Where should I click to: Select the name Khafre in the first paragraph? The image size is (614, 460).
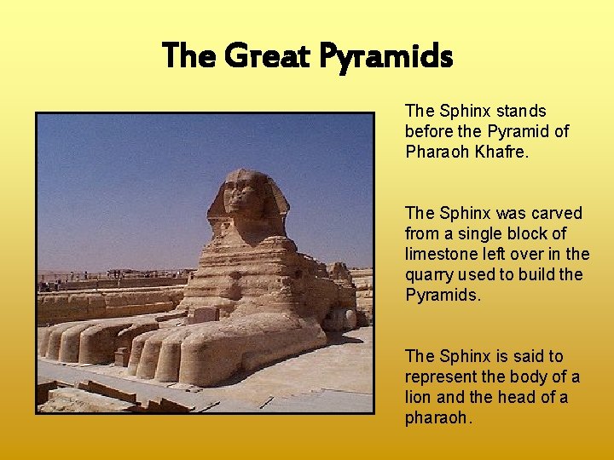coord(503,152)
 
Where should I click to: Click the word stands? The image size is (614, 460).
coord(519,111)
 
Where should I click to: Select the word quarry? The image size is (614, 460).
coord(428,274)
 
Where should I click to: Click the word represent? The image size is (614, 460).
coord(438,377)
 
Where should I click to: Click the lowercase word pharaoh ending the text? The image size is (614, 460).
coord(437,417)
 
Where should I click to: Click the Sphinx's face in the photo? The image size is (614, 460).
coord(242,196)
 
